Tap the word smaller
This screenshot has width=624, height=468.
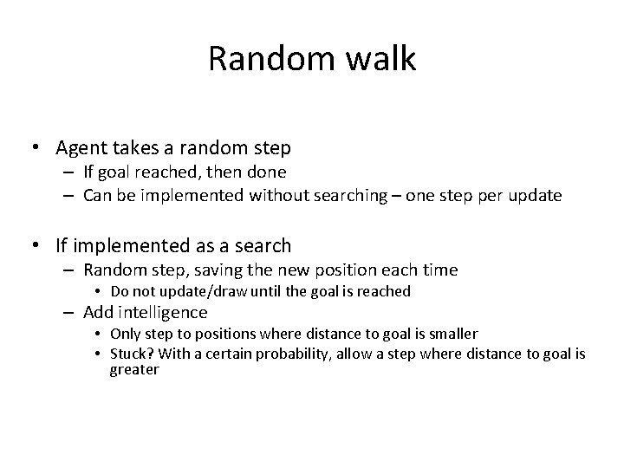click(447, 334)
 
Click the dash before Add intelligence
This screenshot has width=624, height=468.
click(69, 312)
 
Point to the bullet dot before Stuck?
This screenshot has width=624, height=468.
click(101, 354)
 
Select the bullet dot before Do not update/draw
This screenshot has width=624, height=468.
click(101, 292)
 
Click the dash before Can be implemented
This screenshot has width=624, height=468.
click(69, 196)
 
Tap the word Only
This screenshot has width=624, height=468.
click(126, 334)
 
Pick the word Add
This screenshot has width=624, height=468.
click(98, 312)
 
